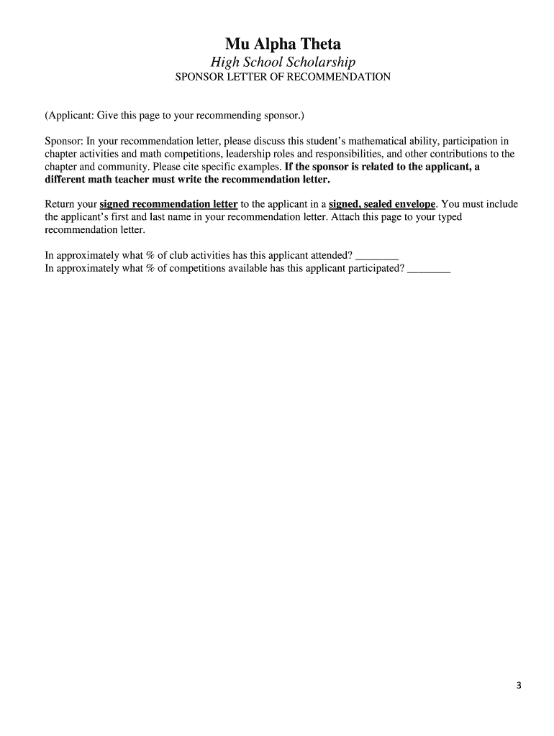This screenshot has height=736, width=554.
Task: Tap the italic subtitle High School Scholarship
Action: pyautogui.click(x=283, y=63)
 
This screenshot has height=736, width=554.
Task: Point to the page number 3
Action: pyautogui.click(x=518, y=685)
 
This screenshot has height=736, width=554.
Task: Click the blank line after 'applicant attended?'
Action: pyautogui.click(x=377, y=255)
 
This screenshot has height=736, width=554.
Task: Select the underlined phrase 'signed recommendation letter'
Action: pyautogui.click(x=168, y=204)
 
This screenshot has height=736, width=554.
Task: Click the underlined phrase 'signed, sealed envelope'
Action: pyautogui.click(x=382, y=204)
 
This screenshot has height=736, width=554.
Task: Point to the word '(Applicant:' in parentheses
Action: pyautogui.click(x=69, y=116)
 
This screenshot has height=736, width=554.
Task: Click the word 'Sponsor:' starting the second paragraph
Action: pyautogui.click(x=64, y=141)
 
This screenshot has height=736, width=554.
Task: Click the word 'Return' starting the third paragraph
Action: pyautogui.click(x=60, y=204)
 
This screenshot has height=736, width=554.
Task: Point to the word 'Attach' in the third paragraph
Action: pyautogui.click(x=345, y=217)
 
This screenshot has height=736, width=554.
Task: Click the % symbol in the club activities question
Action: pyautogui.click(x=140, y=255)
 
